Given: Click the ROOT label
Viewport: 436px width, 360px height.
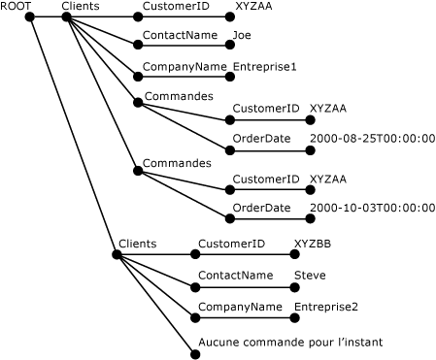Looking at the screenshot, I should coord(17,7).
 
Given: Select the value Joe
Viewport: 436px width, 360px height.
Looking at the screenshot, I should coord(242,35).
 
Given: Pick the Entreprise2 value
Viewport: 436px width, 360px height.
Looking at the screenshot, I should coord(326,308).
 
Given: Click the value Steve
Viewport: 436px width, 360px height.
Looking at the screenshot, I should coord(310,276).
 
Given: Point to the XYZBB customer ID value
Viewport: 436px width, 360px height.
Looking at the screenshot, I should coord(313,244).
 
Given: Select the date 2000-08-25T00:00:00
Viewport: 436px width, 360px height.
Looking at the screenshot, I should coord(372,139).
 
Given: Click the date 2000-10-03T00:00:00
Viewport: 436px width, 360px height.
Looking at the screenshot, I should coord(372,208).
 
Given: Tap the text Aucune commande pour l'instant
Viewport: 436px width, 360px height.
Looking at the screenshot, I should coord(290,342).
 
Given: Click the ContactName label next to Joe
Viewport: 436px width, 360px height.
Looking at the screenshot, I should coord(180,35).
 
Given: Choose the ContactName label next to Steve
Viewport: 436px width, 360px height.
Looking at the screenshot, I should coord(235,276).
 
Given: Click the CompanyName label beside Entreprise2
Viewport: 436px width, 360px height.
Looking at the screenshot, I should coord(240,308).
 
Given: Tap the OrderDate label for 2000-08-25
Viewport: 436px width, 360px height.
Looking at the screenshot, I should coord(261,139).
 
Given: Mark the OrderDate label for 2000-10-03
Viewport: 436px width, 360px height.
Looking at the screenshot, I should coord(261,208).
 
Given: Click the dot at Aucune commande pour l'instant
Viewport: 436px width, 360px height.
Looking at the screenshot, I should coord(194,353).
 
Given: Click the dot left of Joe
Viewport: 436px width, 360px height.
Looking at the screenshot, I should coord(225,45).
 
